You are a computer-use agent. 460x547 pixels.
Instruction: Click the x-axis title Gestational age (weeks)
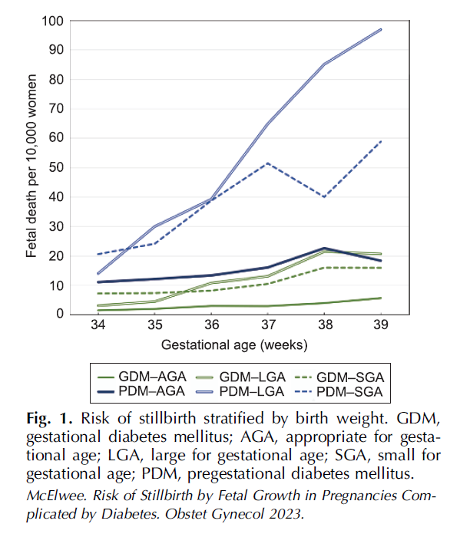tap(234, 343)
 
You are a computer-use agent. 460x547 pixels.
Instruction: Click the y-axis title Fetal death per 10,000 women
tap(31, 167)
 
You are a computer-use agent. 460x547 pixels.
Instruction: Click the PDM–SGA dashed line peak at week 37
tap(266, 163)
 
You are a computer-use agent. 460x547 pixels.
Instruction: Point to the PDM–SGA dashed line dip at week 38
tap(324, 197)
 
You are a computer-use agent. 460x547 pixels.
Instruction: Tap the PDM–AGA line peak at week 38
tap(324, 248)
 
